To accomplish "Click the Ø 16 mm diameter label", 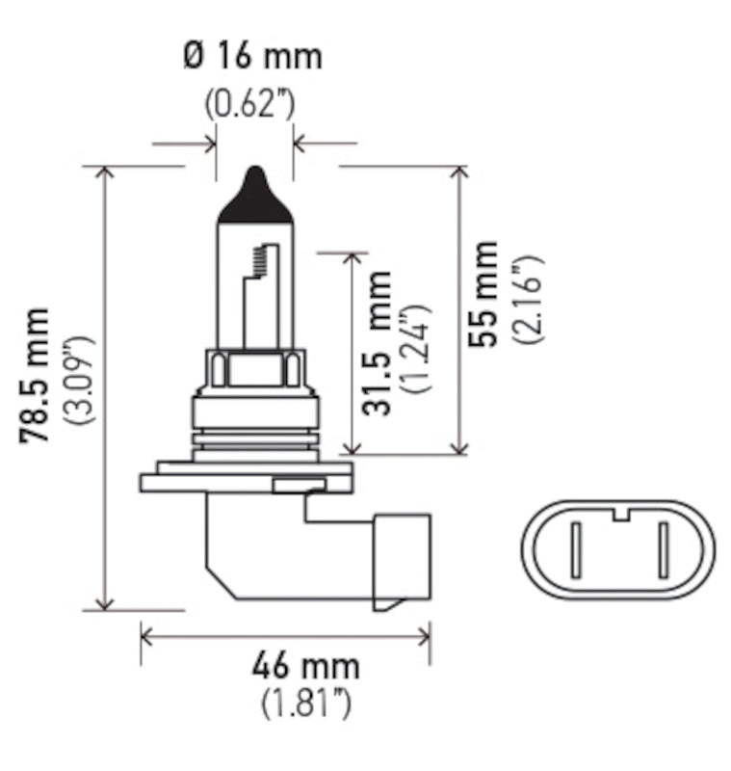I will point(251,56).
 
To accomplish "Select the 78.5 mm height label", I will point(38,376).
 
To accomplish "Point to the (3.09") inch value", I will point(77,381).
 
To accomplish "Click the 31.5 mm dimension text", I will point(379,343).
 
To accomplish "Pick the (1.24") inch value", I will point(417,348).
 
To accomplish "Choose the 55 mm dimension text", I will point(484,293).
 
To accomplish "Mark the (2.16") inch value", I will point(527,300).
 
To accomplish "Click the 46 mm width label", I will point(305,665).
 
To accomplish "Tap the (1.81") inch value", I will point(305,705).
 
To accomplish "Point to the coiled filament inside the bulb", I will point(257,257).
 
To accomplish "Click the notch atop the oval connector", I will point(621,512).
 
